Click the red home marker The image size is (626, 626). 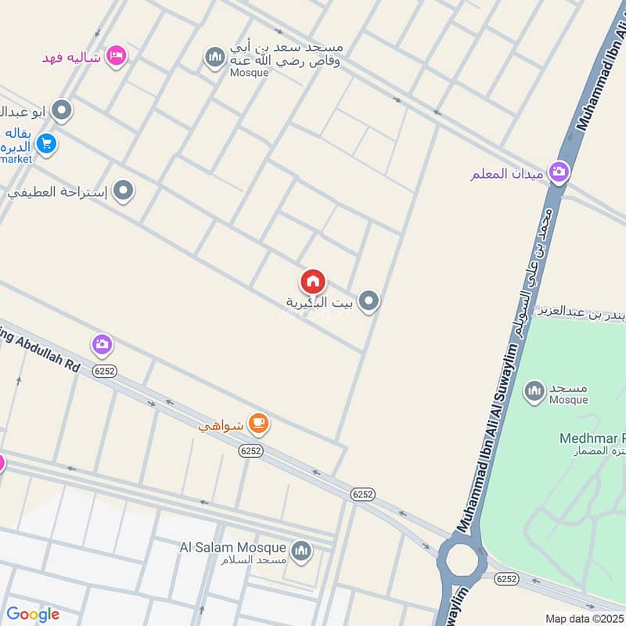tap(313, 281)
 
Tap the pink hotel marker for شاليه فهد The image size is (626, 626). tap(117, 56)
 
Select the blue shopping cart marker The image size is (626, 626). tap(46, 144)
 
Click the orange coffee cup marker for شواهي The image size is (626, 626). tap(258, 424)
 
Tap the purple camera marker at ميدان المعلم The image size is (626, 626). tap(559, 171)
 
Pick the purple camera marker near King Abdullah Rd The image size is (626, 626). tap(102, 344)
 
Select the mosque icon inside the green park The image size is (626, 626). tap(534, 390)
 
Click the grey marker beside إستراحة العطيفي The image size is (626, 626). tap(123, 190)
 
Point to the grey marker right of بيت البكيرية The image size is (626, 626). tap(369, 301)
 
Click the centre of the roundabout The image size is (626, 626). tap(461, 562)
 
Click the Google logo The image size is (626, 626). tap(33, 614)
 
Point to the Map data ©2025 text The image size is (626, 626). tap(585, 618)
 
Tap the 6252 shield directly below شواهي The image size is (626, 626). tap(251, 451)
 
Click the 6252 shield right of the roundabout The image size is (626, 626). tap(507, 578)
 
